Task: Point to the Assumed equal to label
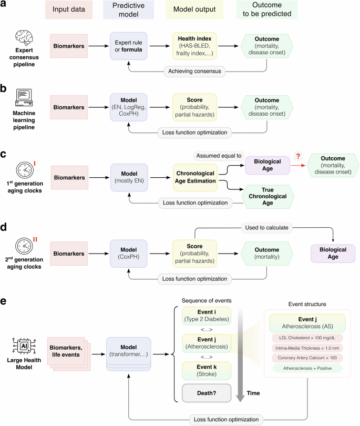tap(218, 155)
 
